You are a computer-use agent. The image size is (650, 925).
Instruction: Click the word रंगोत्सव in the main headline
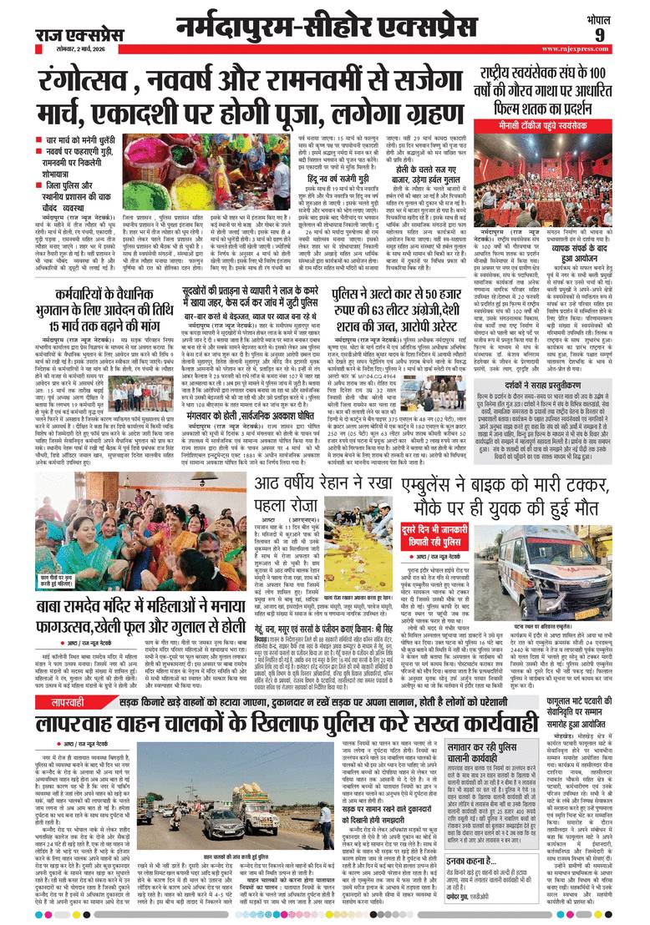coord(92,83)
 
